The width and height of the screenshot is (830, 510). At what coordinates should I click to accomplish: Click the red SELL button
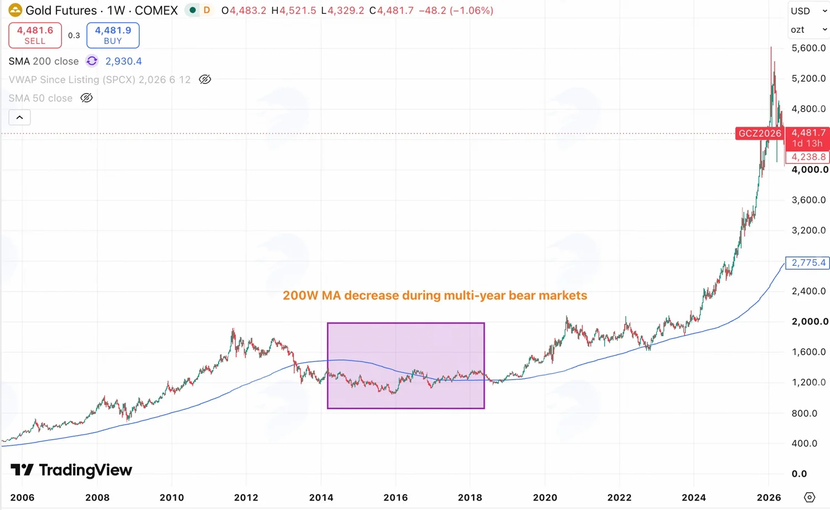tap(35, 35)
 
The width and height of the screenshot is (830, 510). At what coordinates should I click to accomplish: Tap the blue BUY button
tap(113, 35)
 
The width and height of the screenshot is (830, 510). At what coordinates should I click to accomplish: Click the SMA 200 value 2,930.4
tap(123, 61)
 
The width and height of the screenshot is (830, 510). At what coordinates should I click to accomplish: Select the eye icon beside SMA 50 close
tap(86, 98)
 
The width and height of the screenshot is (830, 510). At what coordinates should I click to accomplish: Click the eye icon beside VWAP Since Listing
tap(205, 79)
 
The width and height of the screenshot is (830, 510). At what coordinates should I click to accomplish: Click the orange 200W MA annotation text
tap(435, 295)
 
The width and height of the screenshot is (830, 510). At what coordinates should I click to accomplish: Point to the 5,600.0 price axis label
tap(808, 48)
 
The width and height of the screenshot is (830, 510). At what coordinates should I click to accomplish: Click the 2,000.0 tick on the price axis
tap(810, 321)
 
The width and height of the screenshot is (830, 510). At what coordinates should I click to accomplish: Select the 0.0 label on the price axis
tap(799, 473)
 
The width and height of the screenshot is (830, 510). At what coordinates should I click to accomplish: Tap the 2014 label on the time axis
tap(321, 497)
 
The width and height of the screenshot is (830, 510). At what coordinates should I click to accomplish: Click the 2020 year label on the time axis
tap(545, 497)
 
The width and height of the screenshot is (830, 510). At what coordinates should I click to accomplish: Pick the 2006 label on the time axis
tap(22, 497)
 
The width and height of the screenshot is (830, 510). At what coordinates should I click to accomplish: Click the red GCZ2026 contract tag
tap(760, 133)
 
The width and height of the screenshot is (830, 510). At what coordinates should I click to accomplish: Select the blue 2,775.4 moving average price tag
tap(808, 262)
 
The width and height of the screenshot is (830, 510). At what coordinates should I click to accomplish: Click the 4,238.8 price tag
tap(808, 157)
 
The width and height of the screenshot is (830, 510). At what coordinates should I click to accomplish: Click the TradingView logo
tap(71, 470)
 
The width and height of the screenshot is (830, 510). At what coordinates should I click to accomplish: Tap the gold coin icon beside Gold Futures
tap(15, 11)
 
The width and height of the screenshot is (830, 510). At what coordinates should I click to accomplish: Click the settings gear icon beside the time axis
tap(810, 497)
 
